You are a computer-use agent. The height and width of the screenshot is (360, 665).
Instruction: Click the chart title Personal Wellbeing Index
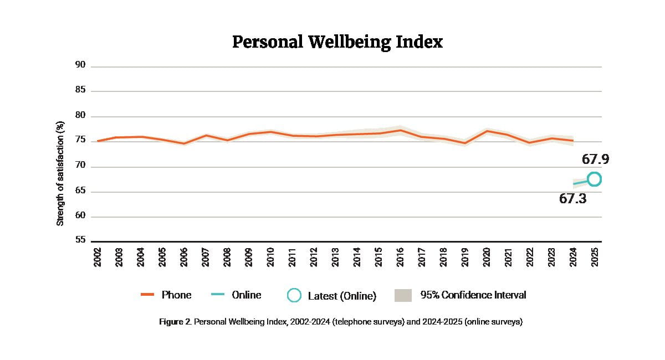pyautogui.click(x=337, y=42)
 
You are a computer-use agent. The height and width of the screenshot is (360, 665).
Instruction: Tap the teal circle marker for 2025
pyautogui.click(x=594, y=179)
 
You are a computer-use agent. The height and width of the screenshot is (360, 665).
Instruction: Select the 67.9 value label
pyautogui.click(x=596, y=160)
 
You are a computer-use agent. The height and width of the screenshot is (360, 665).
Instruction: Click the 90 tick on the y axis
pyautogui.click(x=80, y=65)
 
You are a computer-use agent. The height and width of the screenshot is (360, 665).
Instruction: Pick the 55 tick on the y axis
pyautogui.click(x=80, y=240)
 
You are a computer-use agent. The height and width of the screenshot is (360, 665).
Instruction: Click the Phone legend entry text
pyautogui.click(x=176, y=295)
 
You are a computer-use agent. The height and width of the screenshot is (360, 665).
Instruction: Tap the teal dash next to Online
pyautogui.click(x=218, y=295)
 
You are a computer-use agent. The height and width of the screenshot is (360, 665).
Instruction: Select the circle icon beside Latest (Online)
pyautogui.click(x=294, y=295)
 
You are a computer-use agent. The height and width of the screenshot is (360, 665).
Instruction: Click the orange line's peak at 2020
pyautogui.click(x=487, y=131)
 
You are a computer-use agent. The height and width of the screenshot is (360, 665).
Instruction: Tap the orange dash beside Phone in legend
pyautogui.click(x=147, y=295)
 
